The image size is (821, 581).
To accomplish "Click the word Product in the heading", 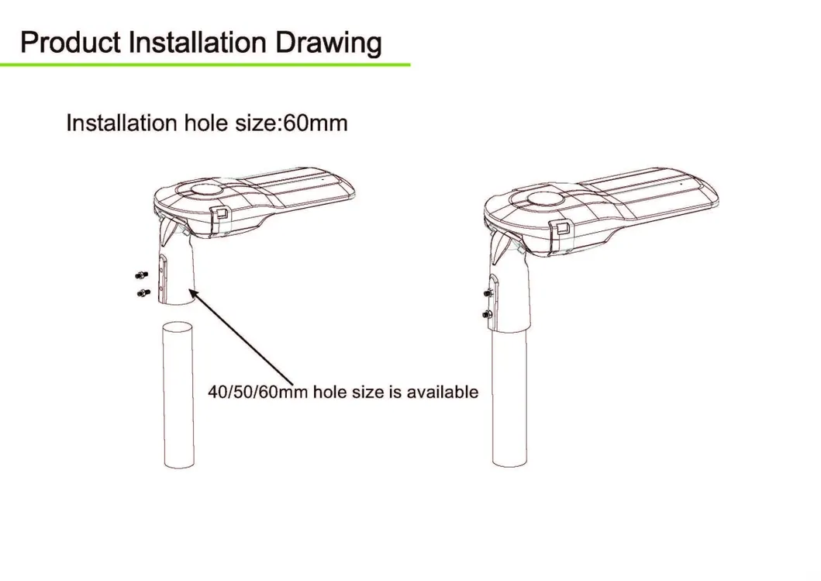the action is [x=71, y=43].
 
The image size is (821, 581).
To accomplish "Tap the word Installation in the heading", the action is [x=198, y=43].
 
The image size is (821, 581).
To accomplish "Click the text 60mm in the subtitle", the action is [x=316, y=123].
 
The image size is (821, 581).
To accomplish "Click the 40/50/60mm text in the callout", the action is [x=257, y=392].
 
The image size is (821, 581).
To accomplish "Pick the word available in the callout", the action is [x=443, y=392].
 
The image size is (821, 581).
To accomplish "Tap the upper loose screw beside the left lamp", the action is [x=141, y=275].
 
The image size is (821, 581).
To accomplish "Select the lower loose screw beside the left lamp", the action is [x=143, y=293].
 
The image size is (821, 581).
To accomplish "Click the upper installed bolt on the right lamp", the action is [x=488, y=294].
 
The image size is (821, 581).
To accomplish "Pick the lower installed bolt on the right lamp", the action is [x=487, y=314].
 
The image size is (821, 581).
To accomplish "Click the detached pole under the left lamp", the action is [x=178, y=396].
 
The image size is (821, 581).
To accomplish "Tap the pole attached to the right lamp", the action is [x=509, y=398].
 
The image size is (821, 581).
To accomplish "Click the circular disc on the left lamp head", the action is [x=205, y=189].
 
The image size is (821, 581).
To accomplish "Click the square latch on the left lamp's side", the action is [x=220, y=213].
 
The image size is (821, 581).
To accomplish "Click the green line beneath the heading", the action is [x=205, y=64].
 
